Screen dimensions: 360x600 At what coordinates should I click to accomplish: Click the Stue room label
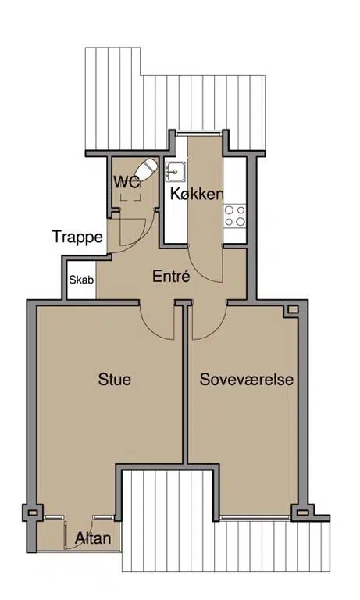tap(114, 379)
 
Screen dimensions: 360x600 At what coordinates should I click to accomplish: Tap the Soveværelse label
tap(246, 379)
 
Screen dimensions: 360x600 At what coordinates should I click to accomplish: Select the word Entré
tap(171, 276)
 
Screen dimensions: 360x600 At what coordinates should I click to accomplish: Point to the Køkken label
tap(197, 194)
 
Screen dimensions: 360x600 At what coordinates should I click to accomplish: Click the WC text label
tap(127, 183)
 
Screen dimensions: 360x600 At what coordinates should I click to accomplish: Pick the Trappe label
tap(77, 237)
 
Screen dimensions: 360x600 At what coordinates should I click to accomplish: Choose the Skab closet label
tap(81, 280)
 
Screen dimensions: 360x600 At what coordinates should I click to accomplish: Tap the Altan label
tap(94, 538)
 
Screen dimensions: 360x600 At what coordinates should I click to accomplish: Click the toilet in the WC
tap(146, 169)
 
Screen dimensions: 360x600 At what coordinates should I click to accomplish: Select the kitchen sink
tap(176, 171)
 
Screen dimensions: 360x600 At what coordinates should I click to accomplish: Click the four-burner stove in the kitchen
tap(235, 216)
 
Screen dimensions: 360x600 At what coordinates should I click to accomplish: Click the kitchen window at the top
tap(199, 133)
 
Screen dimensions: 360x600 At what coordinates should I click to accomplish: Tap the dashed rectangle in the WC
tap(130, 198)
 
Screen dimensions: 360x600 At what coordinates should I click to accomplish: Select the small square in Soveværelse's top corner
tap(293, 309)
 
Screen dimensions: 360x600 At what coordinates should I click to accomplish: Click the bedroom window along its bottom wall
tap(255, 517)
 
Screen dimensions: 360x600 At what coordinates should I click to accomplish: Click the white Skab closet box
tap(81, 280)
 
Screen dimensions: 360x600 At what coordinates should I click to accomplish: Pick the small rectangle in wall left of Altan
tap(33, 512)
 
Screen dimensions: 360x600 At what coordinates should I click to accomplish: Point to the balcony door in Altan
tap(66, 535)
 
